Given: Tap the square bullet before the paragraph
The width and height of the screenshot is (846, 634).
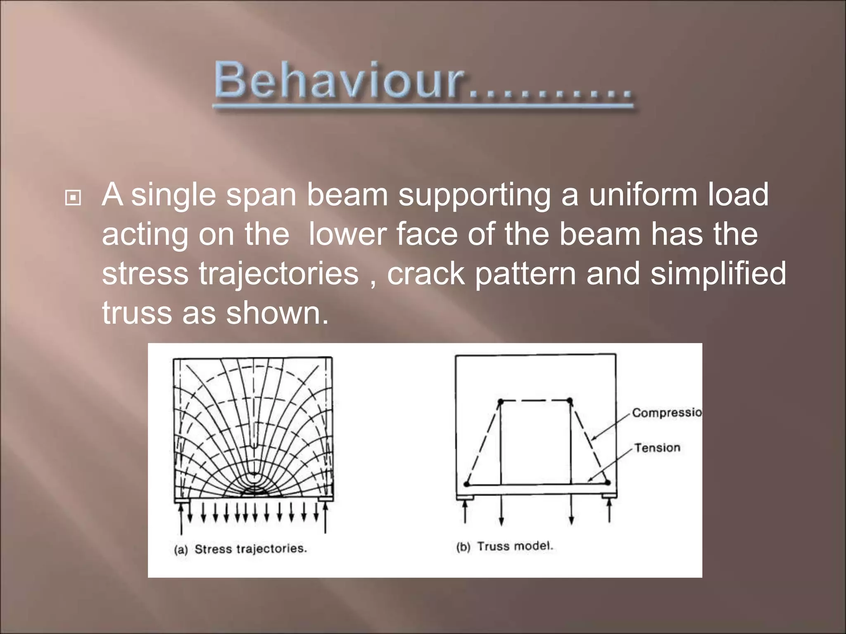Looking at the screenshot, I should point(74,199).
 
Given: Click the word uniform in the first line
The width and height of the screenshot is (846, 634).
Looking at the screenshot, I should point(643,194).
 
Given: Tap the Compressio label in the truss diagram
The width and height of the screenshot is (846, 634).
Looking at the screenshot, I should point(666,412).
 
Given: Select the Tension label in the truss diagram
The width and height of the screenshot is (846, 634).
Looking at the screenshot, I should point(657,448).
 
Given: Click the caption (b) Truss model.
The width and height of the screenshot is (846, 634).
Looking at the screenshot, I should point(504,546).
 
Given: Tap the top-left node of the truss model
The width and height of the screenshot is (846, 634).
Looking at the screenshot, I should point(500,401).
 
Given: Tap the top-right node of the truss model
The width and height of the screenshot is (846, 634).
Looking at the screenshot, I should point(570,400).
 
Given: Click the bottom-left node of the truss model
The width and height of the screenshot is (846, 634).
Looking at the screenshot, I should point(467,484).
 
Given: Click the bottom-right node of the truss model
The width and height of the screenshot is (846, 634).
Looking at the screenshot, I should point(607,482).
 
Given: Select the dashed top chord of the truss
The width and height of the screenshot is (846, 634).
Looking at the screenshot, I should point(535,400).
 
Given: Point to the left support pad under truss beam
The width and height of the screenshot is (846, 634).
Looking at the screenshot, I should point(465,497).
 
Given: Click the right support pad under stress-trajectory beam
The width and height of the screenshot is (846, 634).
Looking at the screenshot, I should point(326,499).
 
